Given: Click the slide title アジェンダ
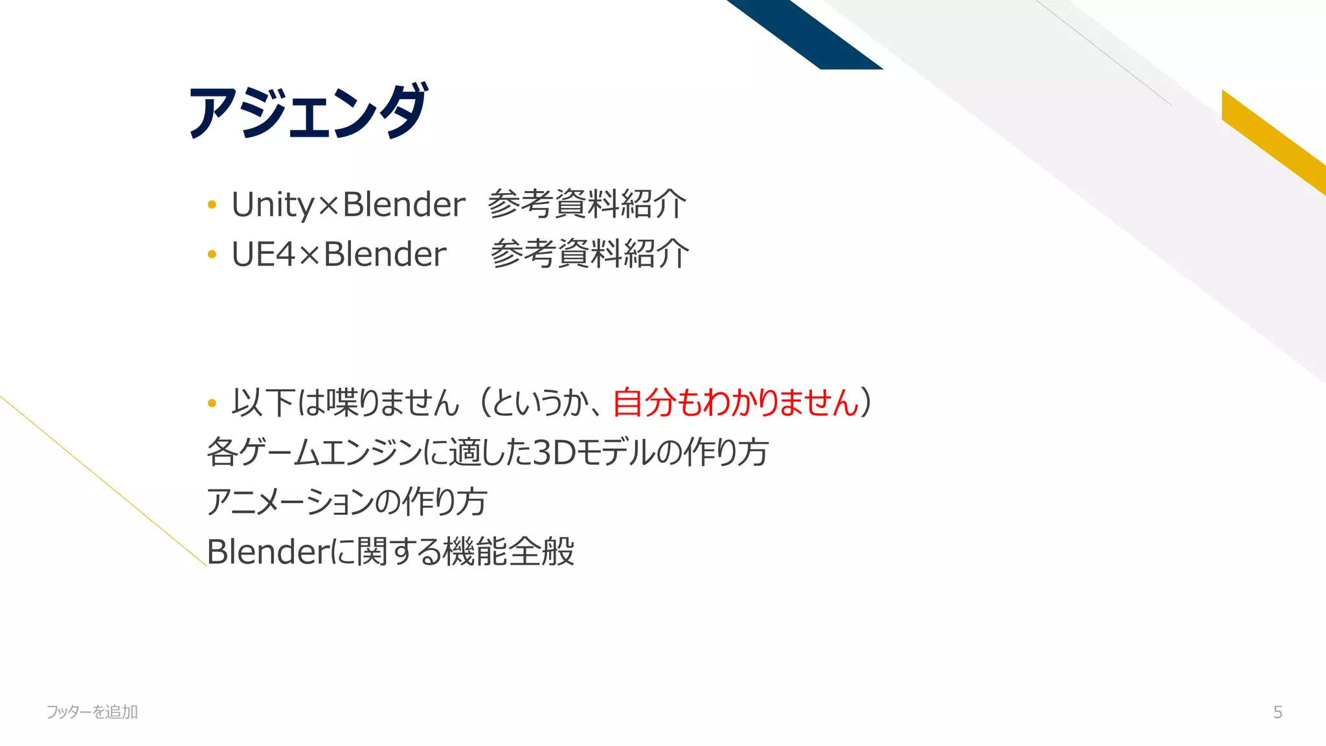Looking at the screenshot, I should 308,111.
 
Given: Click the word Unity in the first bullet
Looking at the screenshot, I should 273,205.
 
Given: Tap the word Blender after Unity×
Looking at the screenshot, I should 403,205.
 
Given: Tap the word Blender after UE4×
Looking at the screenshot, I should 385,254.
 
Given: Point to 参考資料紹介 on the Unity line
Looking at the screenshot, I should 587,205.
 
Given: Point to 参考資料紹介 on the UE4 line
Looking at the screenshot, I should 589,254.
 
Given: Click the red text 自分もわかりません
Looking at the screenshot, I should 736,403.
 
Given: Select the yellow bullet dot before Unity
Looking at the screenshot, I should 212,205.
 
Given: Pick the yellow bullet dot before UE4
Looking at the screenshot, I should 212,254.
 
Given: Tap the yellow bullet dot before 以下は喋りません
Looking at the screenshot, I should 212,403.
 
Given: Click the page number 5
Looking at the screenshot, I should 1277,712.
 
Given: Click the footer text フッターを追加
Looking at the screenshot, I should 92,712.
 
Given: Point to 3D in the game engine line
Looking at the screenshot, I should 554,453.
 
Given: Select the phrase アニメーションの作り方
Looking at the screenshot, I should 346,502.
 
